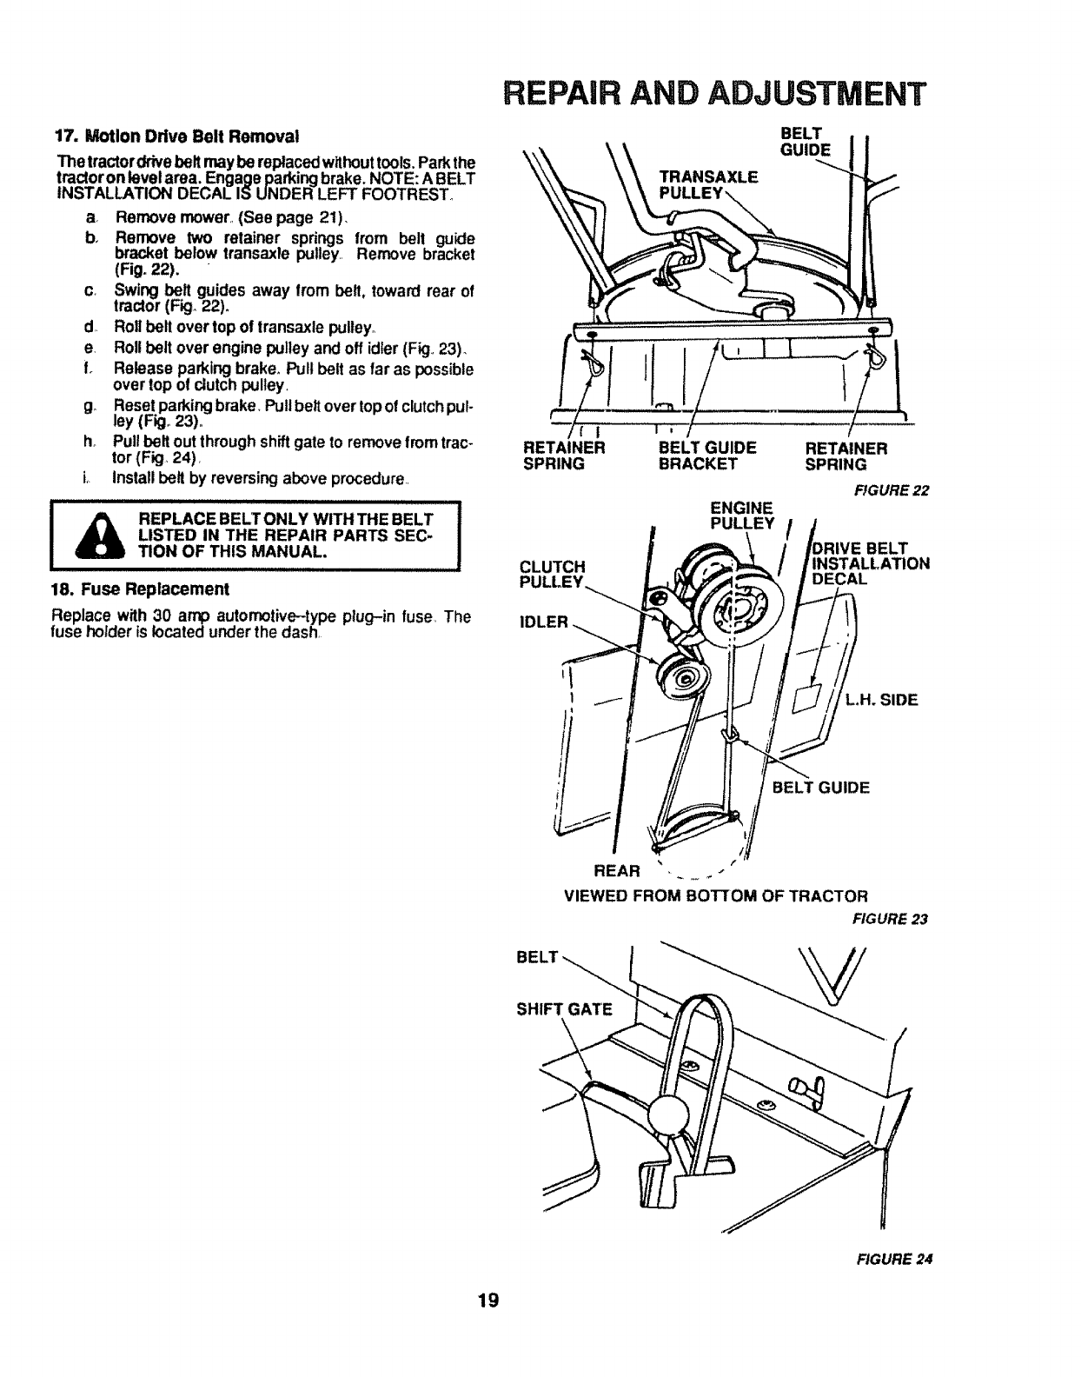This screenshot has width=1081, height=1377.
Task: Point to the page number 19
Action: [487, 1301]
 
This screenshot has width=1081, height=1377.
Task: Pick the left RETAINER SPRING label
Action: [563, 456]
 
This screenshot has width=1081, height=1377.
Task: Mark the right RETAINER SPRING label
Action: [846, 456]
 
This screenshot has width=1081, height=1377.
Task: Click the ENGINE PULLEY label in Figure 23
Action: [741, 516]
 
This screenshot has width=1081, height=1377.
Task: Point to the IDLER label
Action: [545, 622]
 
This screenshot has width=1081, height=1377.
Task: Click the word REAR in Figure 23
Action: [615, 870]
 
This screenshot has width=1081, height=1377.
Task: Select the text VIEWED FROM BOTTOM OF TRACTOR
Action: [716, 895]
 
